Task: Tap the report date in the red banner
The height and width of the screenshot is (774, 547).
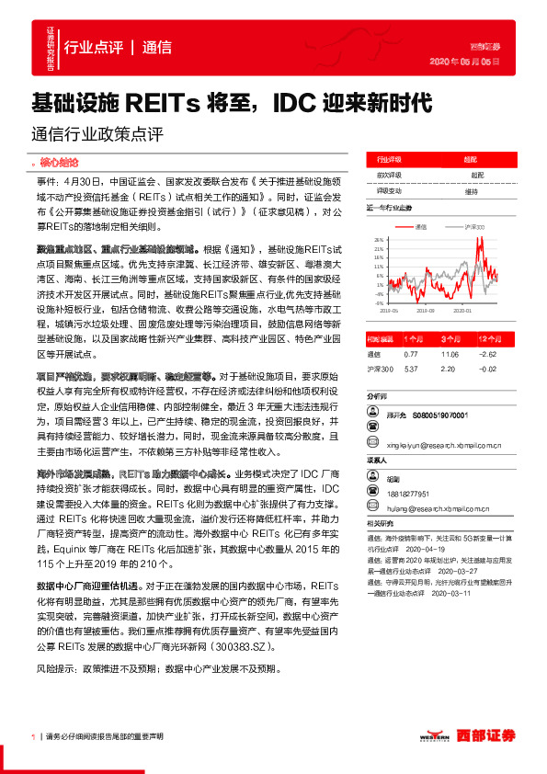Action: (x=465, y=62)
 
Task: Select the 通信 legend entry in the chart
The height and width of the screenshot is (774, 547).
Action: (x=422, y=226)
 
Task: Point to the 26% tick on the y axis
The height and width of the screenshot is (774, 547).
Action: (x=379, y=238)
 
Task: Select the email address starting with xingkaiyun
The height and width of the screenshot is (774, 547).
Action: (x=445, y=443)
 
